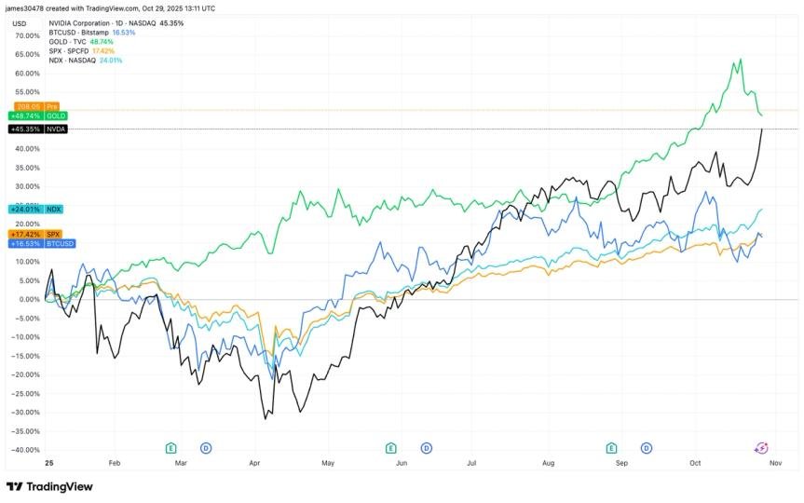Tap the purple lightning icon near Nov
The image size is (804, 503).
(x=760, y=448)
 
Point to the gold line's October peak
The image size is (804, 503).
(x=741, y=60)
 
